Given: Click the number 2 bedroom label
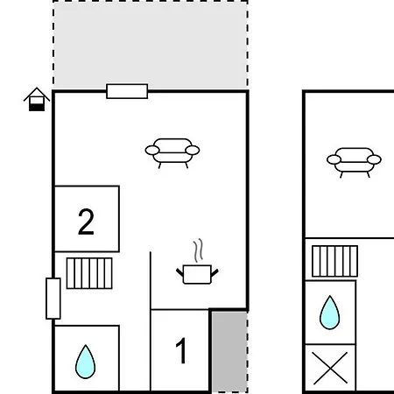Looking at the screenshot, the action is point(86,222).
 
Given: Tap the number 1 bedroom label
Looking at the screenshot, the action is point(181,350).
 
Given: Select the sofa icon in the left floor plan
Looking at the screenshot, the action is point(172,153).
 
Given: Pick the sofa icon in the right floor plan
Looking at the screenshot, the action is point(354,163).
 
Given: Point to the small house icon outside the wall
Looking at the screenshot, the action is point(37,99).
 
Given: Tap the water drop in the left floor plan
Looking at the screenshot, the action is point(85,362).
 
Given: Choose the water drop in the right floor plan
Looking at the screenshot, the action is point(330,313).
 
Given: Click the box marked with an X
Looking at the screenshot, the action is point(330,368).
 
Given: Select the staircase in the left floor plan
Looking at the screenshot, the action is point(89,273).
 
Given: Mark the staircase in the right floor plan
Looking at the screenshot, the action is point(334,261).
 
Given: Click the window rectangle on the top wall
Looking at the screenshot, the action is point(127,91).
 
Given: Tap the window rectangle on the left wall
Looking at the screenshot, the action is point(53,299).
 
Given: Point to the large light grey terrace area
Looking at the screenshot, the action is point(151,46).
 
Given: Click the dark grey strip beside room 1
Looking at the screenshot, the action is point(229,352).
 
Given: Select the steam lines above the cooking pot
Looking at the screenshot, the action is point(198,250).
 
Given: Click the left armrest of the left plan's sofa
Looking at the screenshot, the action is point(152,151).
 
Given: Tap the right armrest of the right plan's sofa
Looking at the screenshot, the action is point(374,159).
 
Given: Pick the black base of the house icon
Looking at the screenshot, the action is point(37,108).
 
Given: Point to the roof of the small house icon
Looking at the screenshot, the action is point(37,93).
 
